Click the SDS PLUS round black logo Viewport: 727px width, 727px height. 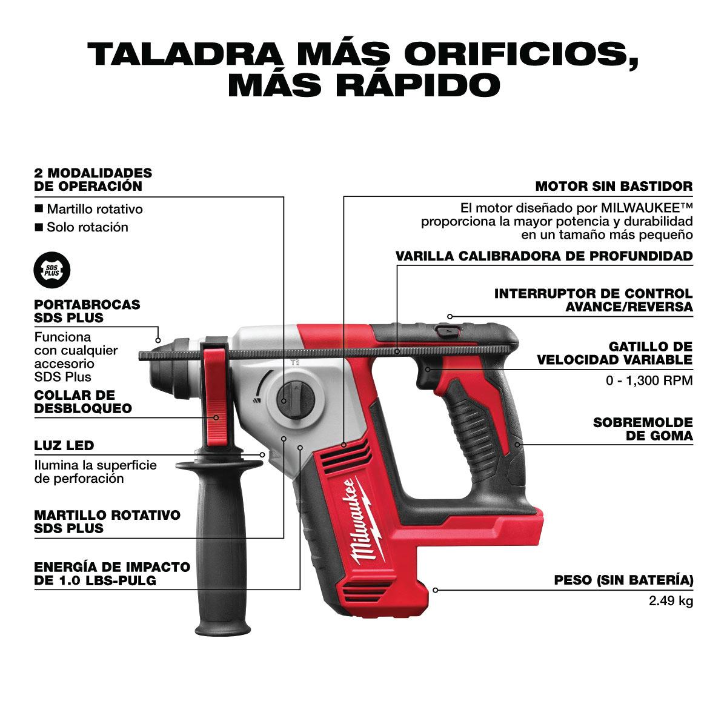pos(52,270)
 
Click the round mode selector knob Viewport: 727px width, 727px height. pos(296,400)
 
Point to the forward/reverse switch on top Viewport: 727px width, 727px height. pos(448,331)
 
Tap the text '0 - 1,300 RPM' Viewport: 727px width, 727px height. pos(649,380)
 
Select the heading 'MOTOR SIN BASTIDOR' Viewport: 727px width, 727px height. pos(614,186)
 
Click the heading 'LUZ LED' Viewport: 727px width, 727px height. pos(64,445)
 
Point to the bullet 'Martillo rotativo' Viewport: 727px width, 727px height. pos(89,209)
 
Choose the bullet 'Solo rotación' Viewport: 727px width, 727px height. pos(82,227)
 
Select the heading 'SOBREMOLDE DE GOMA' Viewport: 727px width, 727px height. pos(643,429)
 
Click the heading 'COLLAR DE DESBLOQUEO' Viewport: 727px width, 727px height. pos(83,402)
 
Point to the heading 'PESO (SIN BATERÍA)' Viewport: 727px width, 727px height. pos(623,580)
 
